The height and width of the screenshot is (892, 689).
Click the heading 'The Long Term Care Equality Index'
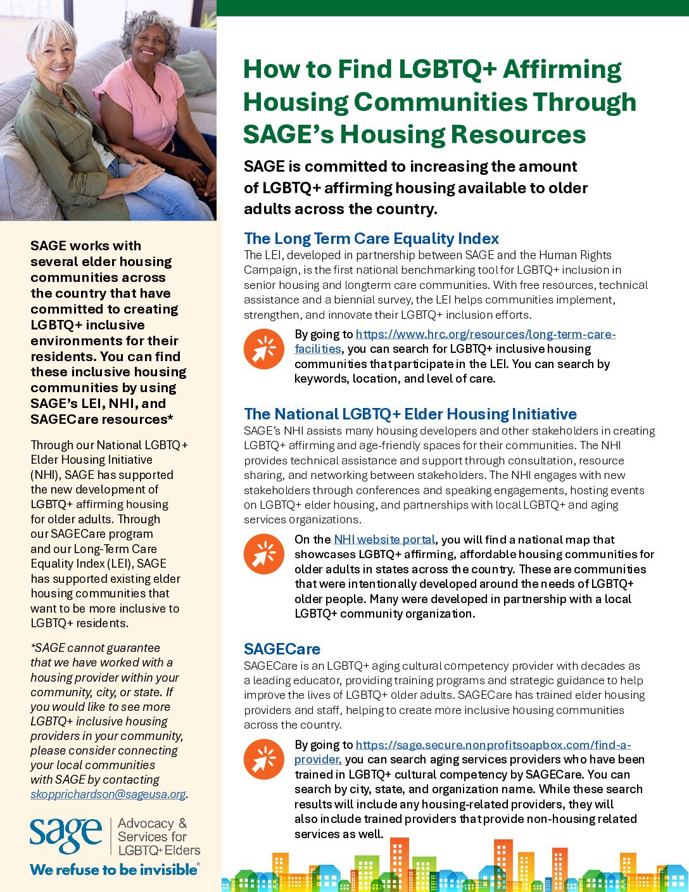tap(371, 239)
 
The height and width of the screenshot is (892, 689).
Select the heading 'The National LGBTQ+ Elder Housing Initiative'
tap(410, 414)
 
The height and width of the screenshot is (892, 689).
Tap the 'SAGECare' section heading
tap(282, 649)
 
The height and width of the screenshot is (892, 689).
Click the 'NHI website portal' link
tap(384, 540)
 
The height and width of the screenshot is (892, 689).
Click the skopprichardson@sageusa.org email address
tap(108, 794)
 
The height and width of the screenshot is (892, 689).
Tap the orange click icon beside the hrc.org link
tap(264, 349)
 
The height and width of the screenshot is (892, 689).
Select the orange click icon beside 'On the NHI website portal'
tap(264, 554)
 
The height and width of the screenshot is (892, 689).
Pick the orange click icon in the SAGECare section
tap(264, 760)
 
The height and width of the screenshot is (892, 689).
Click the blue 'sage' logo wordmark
tap(66, 836)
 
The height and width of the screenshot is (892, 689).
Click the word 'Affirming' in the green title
tap(562, 70)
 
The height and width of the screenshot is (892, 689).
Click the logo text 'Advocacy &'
tap(152, 824)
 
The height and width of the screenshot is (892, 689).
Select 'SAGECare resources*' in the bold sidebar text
tap(102, 419)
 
